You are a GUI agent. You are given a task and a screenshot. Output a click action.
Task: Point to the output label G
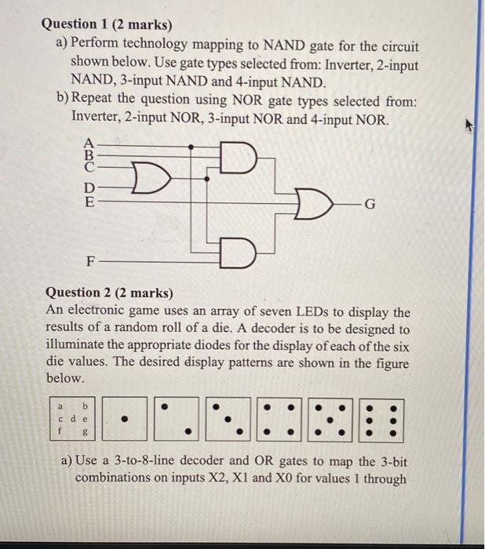(371, 206)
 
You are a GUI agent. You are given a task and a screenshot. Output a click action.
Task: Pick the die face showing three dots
(228, 419)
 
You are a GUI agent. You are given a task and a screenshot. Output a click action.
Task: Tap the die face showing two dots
(177, 419)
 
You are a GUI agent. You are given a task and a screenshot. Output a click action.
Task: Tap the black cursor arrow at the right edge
(470, 123)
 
